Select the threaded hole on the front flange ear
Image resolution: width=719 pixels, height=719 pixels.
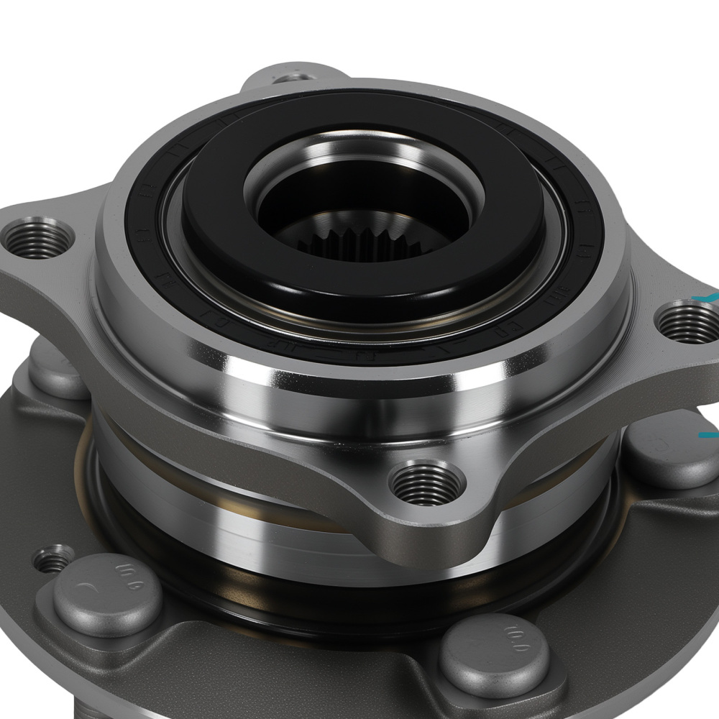click(x=427, y=482)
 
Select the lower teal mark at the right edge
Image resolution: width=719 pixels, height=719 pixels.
click(x=709, y=435)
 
